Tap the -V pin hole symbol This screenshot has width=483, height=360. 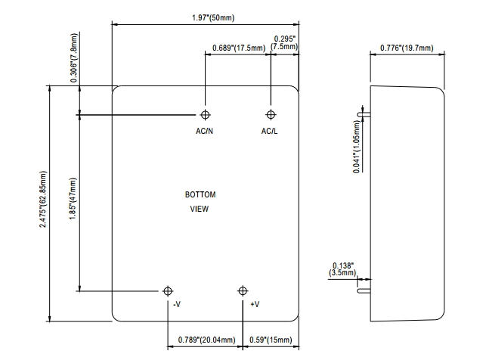[x=168, y=291]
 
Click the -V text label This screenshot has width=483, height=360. [x=175, y=304]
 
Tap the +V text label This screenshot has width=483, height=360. [x=255, y=304]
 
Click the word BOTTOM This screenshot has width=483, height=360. [x=200, y=195]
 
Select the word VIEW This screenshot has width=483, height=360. [x=200, y=209]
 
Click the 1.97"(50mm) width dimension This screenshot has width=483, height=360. [x=206, y=17]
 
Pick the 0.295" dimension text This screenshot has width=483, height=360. [x=285, y=38]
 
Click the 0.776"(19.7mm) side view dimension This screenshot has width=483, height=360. [x=406, y=48]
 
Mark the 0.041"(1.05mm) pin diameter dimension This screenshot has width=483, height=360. [x=357, y=144]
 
